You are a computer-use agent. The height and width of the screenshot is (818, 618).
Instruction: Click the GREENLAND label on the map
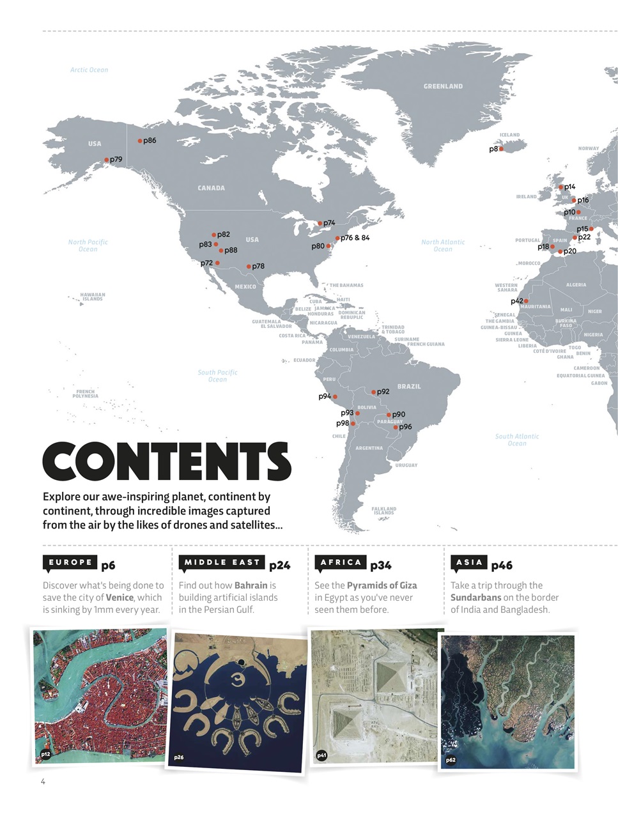coord(443,86)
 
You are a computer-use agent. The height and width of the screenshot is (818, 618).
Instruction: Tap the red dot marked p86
coord(140,141)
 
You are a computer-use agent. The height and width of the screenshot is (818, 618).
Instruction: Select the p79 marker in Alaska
coord(107,160)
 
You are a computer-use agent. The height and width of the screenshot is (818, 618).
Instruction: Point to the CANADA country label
coord(211,188)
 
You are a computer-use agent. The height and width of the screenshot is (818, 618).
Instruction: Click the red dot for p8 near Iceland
coord(501,149)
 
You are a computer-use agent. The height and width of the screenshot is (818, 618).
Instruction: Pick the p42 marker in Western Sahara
coord(526,301)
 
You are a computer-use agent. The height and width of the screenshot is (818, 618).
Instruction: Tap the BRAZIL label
coord(409,387)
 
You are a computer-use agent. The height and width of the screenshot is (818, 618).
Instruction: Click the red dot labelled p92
coord(374,392)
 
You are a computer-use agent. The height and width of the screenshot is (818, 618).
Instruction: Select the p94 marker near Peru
coord(335,397)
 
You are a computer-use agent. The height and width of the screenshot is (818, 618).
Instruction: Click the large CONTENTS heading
coord(167,461)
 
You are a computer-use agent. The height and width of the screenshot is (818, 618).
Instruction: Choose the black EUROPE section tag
coord(70,562)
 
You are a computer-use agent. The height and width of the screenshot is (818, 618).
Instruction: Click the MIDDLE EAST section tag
coord(222,562)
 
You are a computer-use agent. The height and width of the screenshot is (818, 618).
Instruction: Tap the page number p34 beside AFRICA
coord(381,565)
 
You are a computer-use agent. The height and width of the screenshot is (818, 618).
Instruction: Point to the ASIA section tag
coord(469,562)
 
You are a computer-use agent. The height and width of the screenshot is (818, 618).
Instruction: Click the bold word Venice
coord(120,598)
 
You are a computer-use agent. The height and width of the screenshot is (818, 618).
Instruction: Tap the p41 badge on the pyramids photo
coord(323,756)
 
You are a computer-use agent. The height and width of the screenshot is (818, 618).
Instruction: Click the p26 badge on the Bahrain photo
coord(179,757)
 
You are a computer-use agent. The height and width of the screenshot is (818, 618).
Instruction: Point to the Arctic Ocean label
coord(89,70)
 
